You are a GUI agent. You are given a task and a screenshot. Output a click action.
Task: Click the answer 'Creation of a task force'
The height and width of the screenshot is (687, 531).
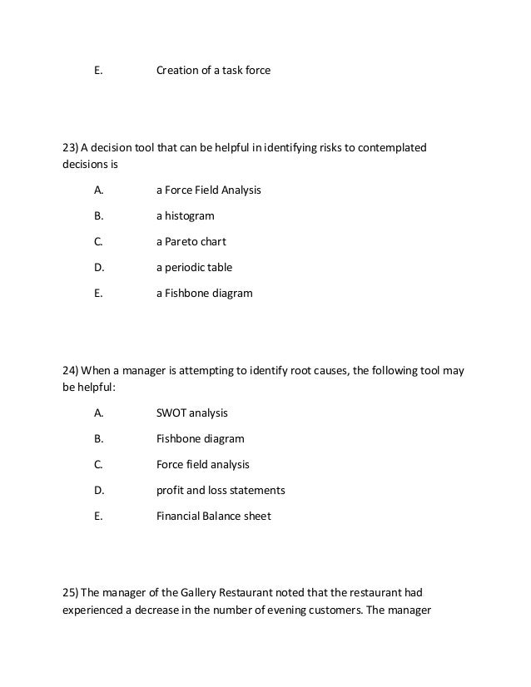213,71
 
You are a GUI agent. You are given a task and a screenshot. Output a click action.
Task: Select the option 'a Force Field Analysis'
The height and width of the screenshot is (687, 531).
208,190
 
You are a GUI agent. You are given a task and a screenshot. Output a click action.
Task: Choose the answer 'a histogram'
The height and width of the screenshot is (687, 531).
185,216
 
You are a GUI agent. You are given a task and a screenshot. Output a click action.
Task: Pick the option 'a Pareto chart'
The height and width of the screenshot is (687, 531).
191,242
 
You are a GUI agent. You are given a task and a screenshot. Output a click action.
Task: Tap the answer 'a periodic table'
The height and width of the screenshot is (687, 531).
194,268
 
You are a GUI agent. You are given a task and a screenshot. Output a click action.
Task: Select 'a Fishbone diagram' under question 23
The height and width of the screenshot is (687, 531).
204,294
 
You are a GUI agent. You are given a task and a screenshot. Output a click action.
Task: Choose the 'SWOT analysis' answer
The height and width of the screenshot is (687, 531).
191,413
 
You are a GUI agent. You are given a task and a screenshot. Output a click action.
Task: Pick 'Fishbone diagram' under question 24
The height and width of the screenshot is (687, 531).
200,438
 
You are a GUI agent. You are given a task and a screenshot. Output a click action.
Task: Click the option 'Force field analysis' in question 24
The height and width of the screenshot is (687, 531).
202,464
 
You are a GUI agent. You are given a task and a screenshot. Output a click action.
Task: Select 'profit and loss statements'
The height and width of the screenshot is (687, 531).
221,490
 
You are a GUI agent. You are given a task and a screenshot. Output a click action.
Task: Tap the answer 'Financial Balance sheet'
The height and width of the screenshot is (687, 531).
213,516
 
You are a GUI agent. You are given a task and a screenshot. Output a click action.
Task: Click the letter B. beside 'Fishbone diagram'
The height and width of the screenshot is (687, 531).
98,438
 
